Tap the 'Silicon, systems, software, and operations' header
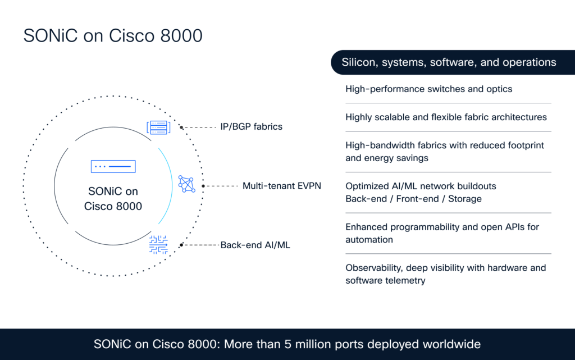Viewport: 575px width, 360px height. click(449, 62)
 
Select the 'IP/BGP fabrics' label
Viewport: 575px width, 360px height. click(251, 127)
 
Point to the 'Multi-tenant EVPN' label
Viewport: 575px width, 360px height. click(281, 185)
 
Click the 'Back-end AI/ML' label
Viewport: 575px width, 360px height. click(255, 245)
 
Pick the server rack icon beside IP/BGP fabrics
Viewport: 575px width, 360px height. click(158, 127)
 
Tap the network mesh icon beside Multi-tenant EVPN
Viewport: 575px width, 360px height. click(186, 184)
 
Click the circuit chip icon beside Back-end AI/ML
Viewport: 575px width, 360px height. click(158, 245)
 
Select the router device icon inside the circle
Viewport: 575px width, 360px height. click(113, 167)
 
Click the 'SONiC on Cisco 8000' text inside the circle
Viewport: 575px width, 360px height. click(113, 199)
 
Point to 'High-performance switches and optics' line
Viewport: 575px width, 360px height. click(428, 89)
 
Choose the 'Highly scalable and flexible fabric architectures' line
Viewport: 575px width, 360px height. click(446, 117)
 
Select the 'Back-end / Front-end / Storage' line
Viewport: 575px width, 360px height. click(413, 199)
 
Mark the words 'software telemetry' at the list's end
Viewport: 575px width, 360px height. click(385, 281)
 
